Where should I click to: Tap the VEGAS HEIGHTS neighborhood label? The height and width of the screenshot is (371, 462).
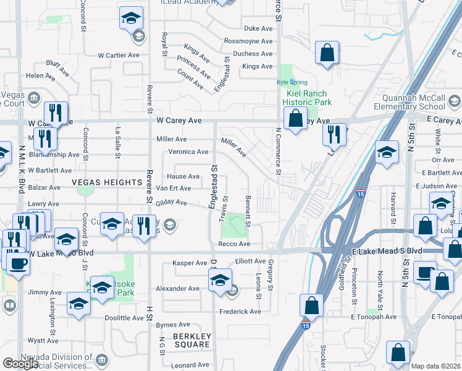[x=107, y=182]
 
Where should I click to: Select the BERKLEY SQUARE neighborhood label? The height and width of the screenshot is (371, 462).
[x=192, y=341]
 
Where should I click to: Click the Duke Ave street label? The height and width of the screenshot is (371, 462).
[x=258, y=28]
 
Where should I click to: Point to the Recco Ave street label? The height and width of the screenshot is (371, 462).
[x=233, y=245]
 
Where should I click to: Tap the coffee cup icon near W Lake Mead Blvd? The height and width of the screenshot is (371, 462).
[x=19, y=263]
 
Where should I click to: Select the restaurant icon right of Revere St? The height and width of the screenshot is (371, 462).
[x=143, y=226]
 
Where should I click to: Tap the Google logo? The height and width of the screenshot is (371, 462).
[x=20, y=364]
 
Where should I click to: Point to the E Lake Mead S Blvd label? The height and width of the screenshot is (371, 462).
[x=387, y=250]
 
